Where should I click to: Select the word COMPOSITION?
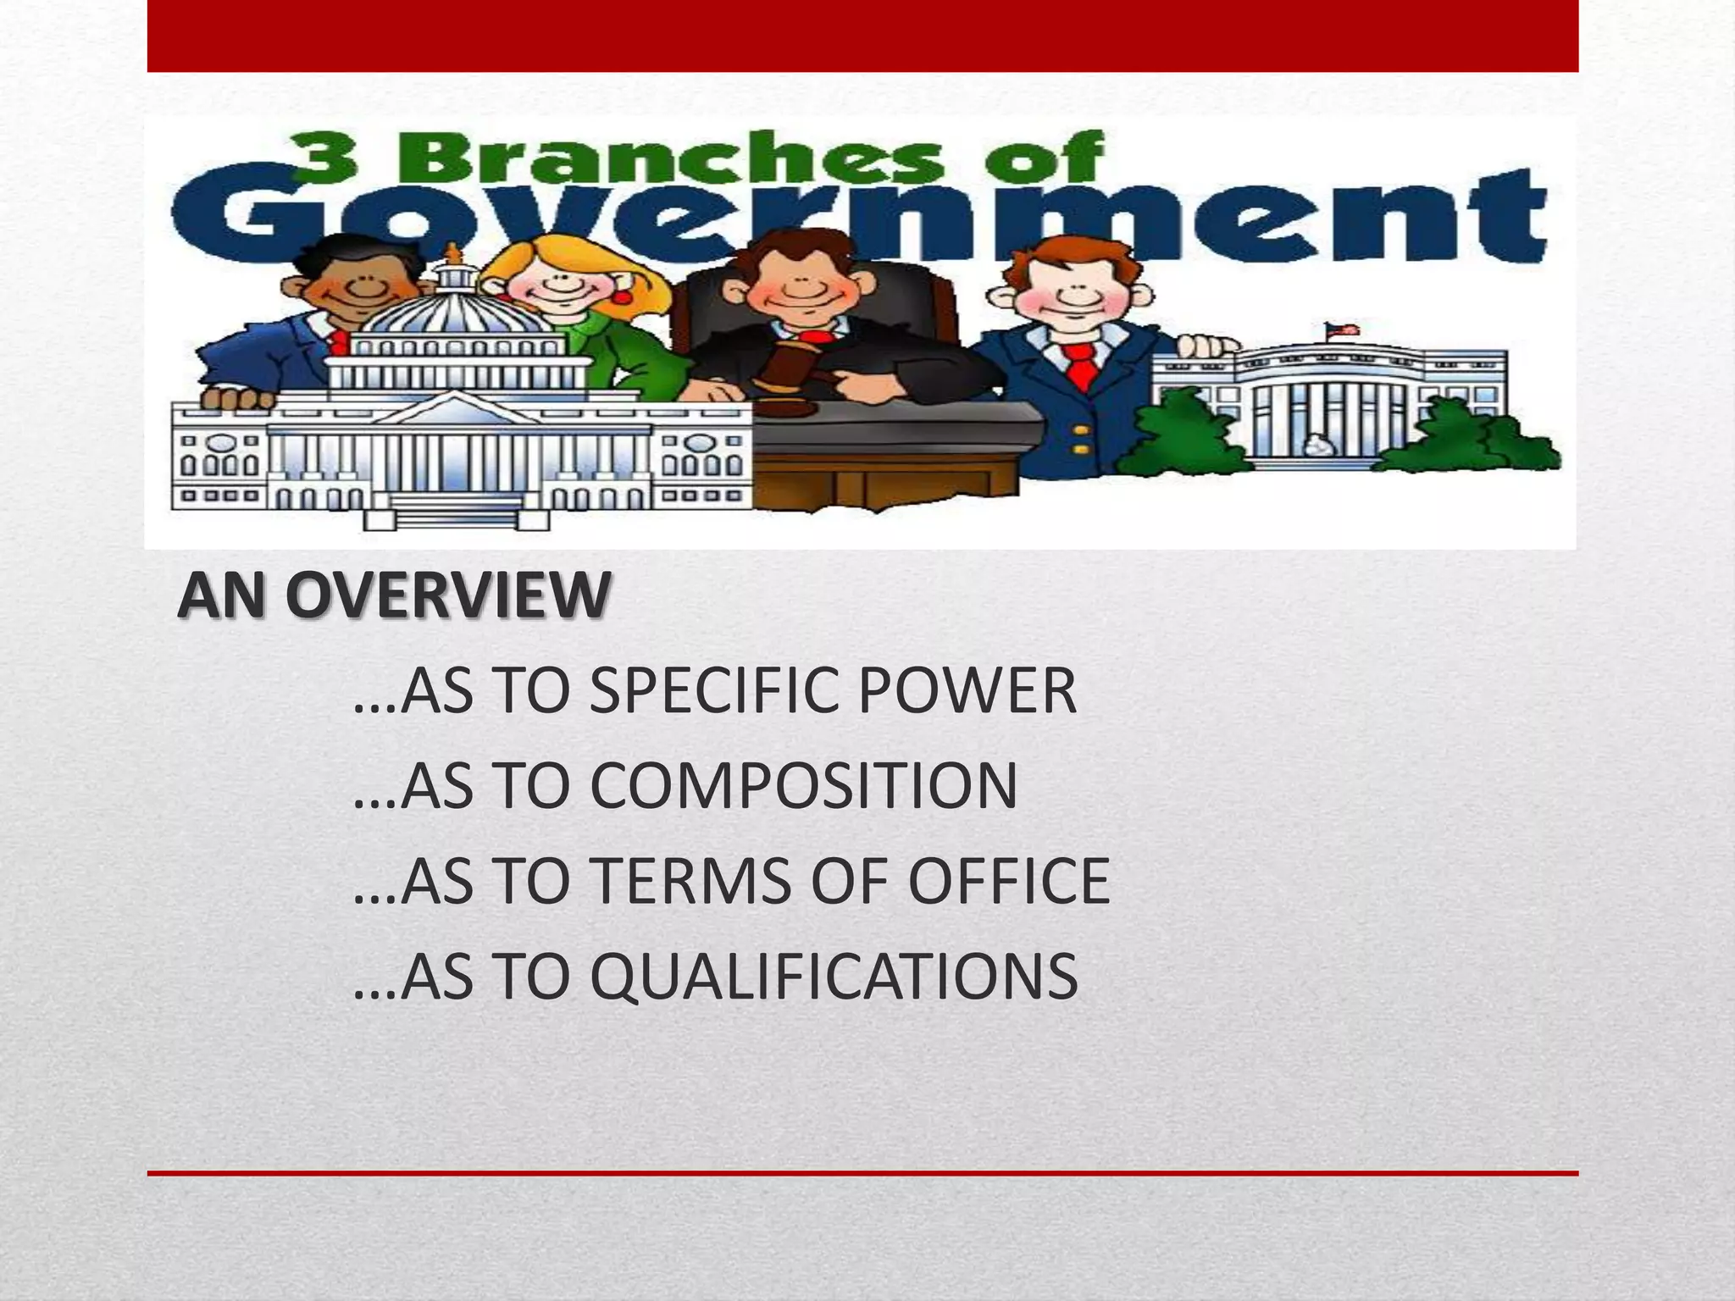point(803,787)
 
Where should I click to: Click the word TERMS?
point(691,882)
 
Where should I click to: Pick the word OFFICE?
point(1008,882)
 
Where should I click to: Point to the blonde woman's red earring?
point(621,298)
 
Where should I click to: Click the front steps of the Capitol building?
point(457,512)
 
